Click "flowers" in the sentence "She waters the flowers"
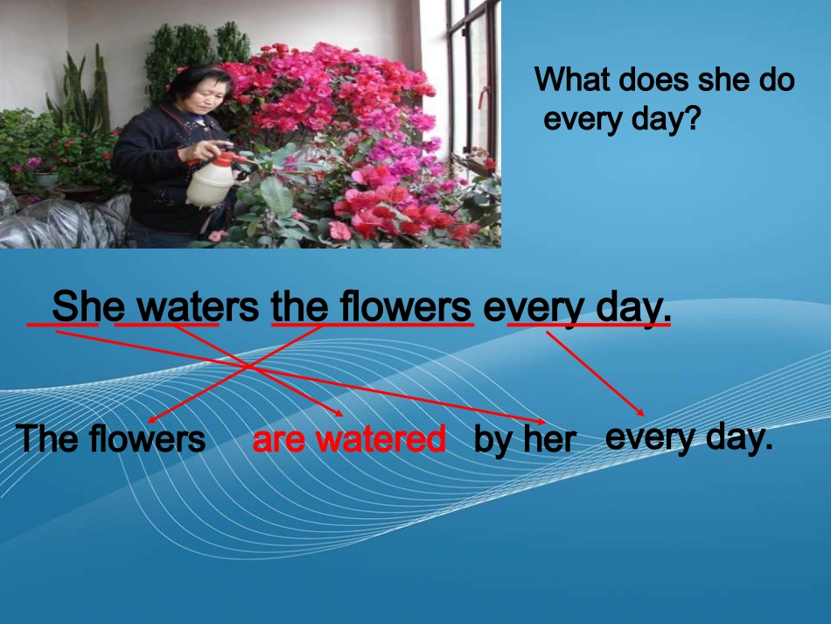[404, 306]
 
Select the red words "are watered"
[349, 439]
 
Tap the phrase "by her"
[525, 440]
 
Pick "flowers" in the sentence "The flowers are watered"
[147, 439]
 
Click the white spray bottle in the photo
[212, 179]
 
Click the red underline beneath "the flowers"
[373, 325]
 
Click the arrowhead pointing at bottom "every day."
[640, 412]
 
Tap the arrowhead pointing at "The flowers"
[152, 419]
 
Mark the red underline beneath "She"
[62, 324]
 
